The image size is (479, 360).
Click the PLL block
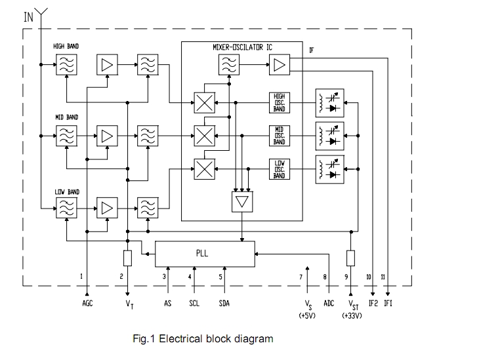click(x=204, y=254)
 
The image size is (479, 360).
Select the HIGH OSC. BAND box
click(x=280, y=102)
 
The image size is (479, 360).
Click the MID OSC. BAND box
click(x=280, y=135)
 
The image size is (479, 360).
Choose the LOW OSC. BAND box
click(x=280, y=169)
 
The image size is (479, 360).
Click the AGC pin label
click(x=87, y=304)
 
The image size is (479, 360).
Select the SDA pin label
click(x=224, y=304)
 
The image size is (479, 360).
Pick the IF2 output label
click(x=373, y=304)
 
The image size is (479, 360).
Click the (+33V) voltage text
click(x=352, y=315)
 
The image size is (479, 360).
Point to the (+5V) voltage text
click(x=307, y=315)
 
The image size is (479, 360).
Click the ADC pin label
click(x=329, y=304)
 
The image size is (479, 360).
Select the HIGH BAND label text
click(x=66, y=47)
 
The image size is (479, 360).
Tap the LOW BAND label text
click(x=66, y=192)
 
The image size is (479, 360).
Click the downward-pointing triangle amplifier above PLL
click(x=241, y=202)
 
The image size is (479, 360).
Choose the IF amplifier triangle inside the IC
click(x=280, y=64)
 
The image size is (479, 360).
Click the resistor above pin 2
click(x=127, y=258)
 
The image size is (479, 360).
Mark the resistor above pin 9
click(x=350, y=258)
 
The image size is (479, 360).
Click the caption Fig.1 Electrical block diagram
click(x=203, y=339)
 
